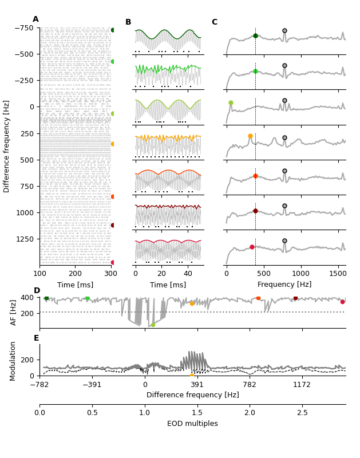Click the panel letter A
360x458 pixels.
(x=35, y=19)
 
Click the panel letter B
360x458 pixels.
(x=128, y=22)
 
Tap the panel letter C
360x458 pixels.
(x=214, y=22)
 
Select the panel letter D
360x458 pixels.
(x=37, y=291)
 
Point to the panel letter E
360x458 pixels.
(x=37, y=338)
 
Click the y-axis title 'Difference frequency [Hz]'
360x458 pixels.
(x=7, y=146)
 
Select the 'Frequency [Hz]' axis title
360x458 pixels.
(x=284, y=285)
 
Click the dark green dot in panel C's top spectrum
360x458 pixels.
(x=255, y=35)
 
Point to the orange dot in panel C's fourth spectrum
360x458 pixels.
(x=250, y=136)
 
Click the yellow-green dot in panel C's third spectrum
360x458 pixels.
(x=231, y=103)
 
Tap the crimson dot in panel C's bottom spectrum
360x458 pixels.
(x=252, y=247)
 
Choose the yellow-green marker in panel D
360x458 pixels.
(x=153, y=325)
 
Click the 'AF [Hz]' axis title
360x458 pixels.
(x=14, y=312)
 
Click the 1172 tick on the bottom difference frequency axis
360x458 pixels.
(x=302, y=385)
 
